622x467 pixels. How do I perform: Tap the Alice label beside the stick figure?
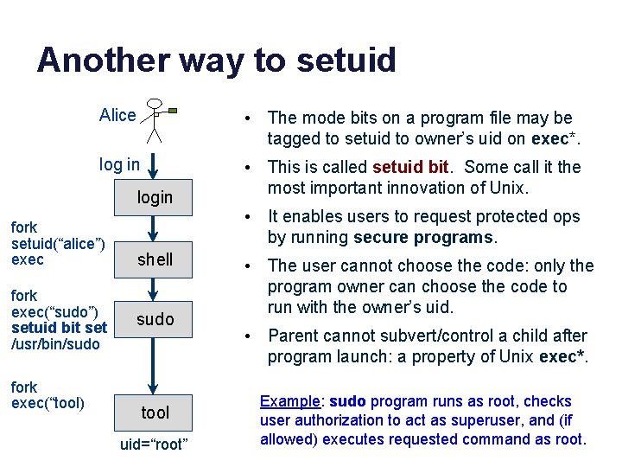click(117, 115)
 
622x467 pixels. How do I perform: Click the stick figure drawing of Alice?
click(156, 119)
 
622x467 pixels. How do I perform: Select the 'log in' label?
click(119, 164)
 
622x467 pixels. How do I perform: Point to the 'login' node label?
click(155, 197)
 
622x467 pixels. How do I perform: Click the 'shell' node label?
click(155, 259)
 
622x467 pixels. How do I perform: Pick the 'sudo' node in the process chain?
click(155, 319)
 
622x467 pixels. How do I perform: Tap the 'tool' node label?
click(155, 413)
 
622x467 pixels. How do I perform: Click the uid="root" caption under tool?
click(155, 445)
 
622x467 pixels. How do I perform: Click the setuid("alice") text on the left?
click(58, 244)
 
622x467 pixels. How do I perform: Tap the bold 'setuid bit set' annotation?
click(60, 328)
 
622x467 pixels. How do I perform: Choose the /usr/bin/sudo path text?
click(56, 344)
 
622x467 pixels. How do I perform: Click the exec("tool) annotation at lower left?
click(48, 403)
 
